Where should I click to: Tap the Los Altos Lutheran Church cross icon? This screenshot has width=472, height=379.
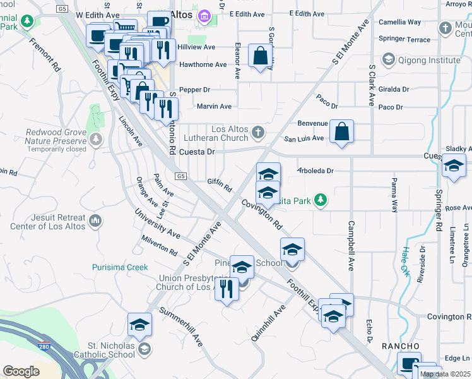257,133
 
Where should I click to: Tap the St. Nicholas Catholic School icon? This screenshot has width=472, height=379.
145,349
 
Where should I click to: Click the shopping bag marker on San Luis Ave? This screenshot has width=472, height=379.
341,132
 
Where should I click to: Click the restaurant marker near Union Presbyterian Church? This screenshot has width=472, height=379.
227,289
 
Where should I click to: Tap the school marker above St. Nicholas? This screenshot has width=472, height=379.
139,325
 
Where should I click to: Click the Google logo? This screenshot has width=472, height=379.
21,371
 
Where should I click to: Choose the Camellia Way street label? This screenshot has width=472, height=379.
399,22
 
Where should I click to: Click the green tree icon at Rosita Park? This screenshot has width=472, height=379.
321,200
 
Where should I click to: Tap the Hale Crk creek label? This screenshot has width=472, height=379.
404,256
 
